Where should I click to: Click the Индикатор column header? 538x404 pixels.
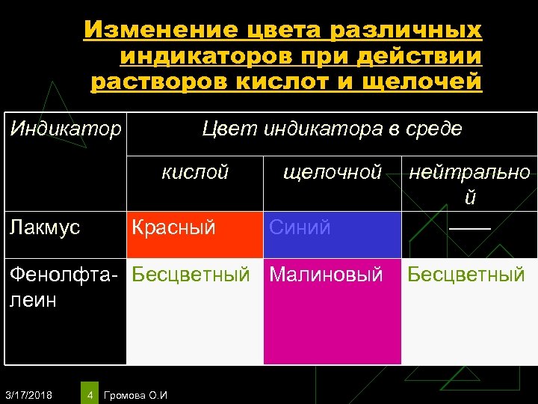point(65,129)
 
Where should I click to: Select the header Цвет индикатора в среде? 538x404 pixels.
point(333,129)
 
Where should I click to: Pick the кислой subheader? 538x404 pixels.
point(195,172)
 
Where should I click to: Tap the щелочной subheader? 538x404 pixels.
point(333,172)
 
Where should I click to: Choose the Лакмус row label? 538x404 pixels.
point(45,227)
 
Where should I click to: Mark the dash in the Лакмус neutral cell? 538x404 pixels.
point(470,227)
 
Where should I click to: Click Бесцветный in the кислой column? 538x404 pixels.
point(191,275)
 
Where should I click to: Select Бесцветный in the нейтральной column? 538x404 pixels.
point(466,275)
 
